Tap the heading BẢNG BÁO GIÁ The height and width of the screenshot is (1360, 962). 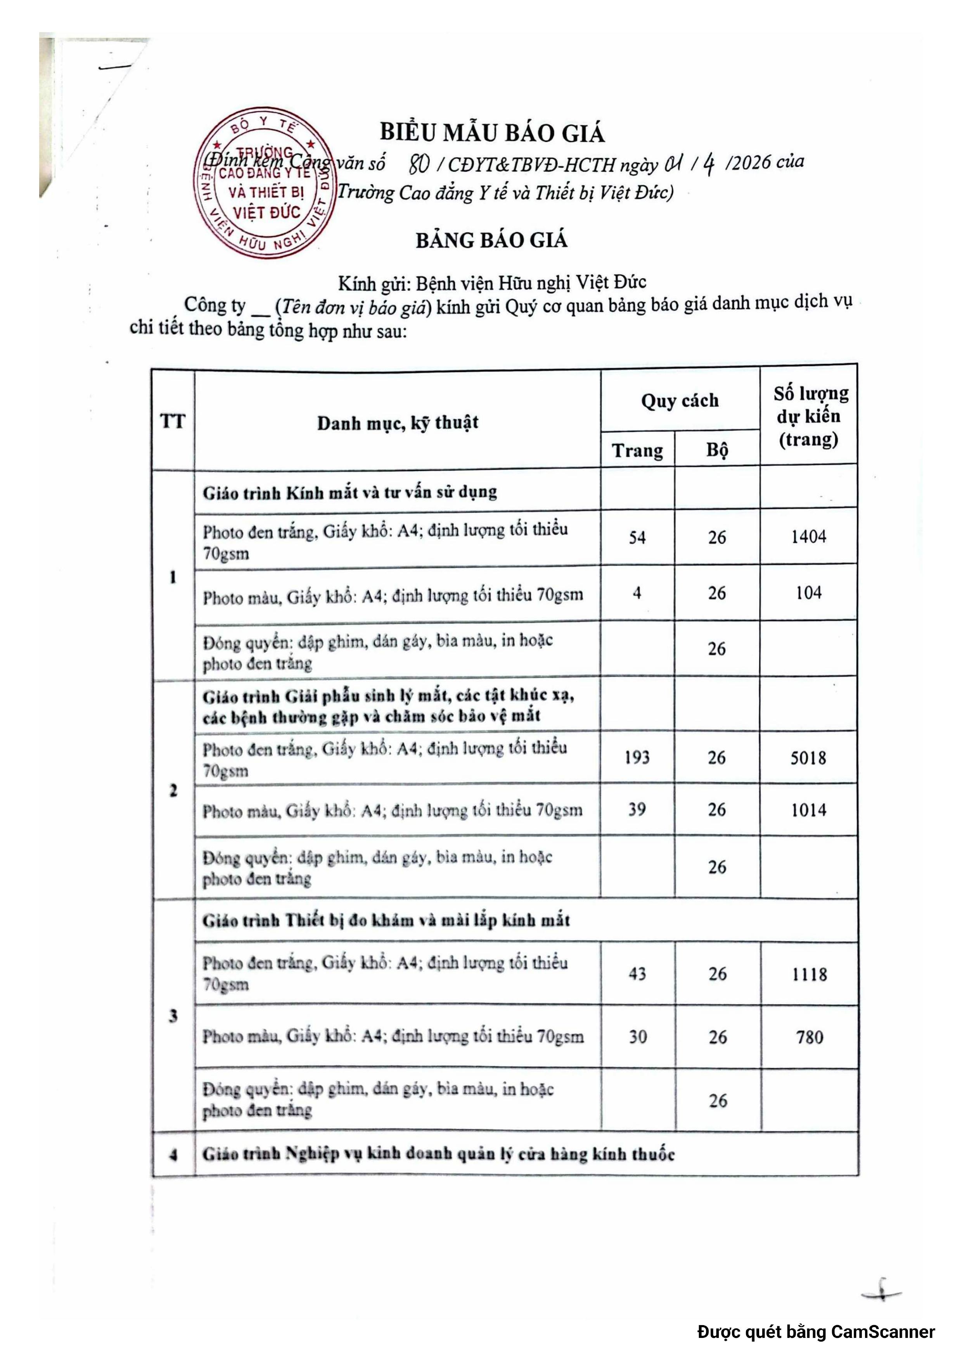click(491, 240)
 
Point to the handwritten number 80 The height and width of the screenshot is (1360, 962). click(419, 164)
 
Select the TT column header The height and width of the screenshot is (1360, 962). click(173, 422)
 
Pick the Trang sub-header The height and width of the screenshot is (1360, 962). click(637, 451)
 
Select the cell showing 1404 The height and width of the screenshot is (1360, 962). click(808, 537)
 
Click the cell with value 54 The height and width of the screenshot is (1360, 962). click(637, 537)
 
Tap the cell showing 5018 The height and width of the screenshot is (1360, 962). click(808, 758)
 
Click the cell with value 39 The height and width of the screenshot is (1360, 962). click(637, 810)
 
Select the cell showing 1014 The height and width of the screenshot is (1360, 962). click(808, 810)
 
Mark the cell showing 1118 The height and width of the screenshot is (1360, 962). click(809, 974)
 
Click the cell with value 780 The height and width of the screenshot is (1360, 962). click(810, 1037)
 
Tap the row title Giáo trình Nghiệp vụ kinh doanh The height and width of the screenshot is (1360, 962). click(439, 1154)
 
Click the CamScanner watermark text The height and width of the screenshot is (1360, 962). click(816, 1332)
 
